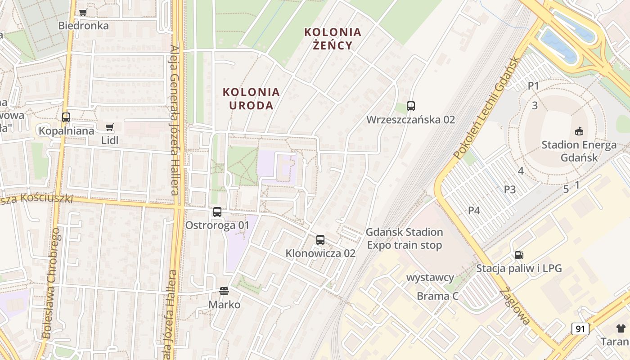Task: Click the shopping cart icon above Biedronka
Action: coord(83,13)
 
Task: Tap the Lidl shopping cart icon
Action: coord(109,127)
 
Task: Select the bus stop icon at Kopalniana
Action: coord(66,117)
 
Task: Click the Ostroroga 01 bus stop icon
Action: coord(217,211)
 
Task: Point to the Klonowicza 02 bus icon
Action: coord(320,240)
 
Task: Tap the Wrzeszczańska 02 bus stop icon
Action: coord(411,106)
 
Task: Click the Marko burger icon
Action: coord(224,291)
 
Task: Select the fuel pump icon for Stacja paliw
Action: coord(519,255)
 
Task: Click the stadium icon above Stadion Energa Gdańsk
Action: coord(579,131)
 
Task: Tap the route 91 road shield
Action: coord(580,329)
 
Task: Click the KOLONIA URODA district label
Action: coord(251,99)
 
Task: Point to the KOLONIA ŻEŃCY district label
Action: coord(333,39)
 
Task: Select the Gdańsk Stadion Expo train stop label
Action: coord(404,238)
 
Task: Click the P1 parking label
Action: coord(534,85)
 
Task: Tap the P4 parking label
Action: coord(474,210)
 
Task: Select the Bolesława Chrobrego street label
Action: coord(51,283)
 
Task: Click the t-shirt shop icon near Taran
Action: coord(621,328)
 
